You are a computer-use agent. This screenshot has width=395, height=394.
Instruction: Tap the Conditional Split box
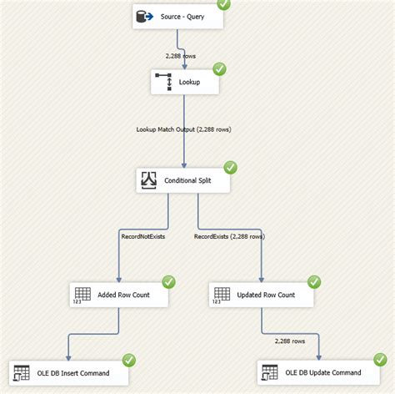[x=183, y=181]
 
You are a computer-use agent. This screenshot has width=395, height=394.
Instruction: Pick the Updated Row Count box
[x=260, y=295]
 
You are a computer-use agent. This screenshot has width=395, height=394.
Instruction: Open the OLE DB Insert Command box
[x=69, y=372]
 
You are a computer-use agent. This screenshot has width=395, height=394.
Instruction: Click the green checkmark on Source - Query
[x=223, y=4]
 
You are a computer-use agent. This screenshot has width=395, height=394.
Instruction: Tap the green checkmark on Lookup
[x=219, y=69]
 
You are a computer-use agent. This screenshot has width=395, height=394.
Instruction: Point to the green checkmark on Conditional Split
[x=230, y=167]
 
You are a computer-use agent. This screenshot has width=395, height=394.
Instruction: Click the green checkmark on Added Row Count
[x=168, y=281]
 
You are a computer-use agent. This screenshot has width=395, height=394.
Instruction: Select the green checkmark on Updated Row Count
[x=313, y=281]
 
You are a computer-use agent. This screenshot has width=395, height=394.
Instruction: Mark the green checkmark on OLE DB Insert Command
[x=129, y=360]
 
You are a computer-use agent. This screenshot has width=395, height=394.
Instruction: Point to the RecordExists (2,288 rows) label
[x=229, y=237]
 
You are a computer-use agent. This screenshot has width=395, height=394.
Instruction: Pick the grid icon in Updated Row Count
[x=222, y=295]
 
